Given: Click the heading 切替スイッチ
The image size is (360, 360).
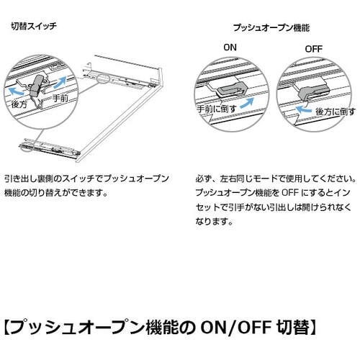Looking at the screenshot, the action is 34,26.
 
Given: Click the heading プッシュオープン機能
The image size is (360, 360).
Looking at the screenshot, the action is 271,28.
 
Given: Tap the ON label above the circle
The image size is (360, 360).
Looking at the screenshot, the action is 230,48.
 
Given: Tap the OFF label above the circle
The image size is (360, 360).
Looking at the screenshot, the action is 313,49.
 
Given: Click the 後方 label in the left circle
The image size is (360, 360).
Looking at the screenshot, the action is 19,104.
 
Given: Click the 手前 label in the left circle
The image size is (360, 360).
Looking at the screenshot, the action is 60,98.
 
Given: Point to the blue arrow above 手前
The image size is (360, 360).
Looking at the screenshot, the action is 60,82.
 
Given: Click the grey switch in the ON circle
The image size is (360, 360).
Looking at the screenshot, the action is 232,89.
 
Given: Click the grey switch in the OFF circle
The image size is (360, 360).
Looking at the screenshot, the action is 313,91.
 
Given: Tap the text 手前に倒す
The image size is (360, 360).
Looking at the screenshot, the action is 217,109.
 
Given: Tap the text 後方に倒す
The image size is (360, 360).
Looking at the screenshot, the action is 335,112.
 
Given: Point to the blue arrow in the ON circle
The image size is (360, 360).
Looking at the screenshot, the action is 247,103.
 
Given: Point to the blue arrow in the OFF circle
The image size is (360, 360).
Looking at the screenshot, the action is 303,110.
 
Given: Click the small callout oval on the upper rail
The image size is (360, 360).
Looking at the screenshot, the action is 104,78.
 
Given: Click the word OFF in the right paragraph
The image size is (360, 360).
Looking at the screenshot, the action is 290,192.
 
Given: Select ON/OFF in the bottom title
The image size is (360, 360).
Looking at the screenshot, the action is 236,328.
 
